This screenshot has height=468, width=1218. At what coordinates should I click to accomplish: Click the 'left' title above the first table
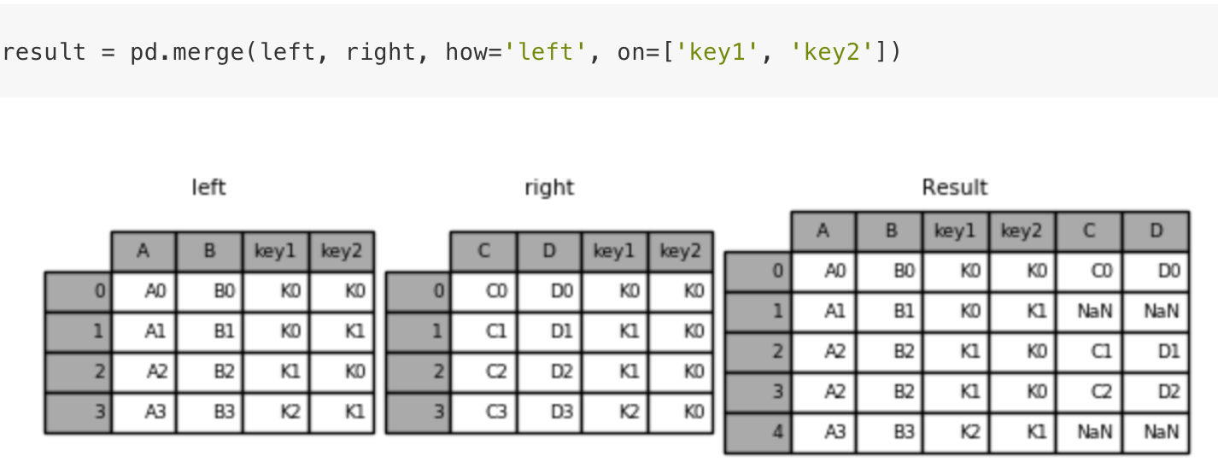pyautogui.click(x=208, y=188)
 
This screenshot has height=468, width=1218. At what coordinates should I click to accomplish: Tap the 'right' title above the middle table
pyautogui.click(x=549, y=188)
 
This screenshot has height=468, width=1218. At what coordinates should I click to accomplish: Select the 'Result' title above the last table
pyautogui.click(x=955, y=188)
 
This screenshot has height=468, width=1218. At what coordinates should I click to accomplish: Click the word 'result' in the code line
pyautogui.click(x=44, y=52)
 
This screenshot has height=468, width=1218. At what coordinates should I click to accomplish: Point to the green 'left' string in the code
pyautogui.click(x=546, y=52)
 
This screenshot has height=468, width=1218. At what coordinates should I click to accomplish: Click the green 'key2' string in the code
pyautogui.click(x=831, y=52)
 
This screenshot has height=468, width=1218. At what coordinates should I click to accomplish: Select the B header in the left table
pyautogui.click(x=209, y=250)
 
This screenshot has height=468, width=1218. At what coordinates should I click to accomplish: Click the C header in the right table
pyautogui.click(x=484, y=250)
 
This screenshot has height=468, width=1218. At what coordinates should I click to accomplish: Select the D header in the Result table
pyautogui.click(x=1156, y=231)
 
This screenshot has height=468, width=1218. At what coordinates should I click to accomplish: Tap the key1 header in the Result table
pyautogui.click(x=956, y=231)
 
